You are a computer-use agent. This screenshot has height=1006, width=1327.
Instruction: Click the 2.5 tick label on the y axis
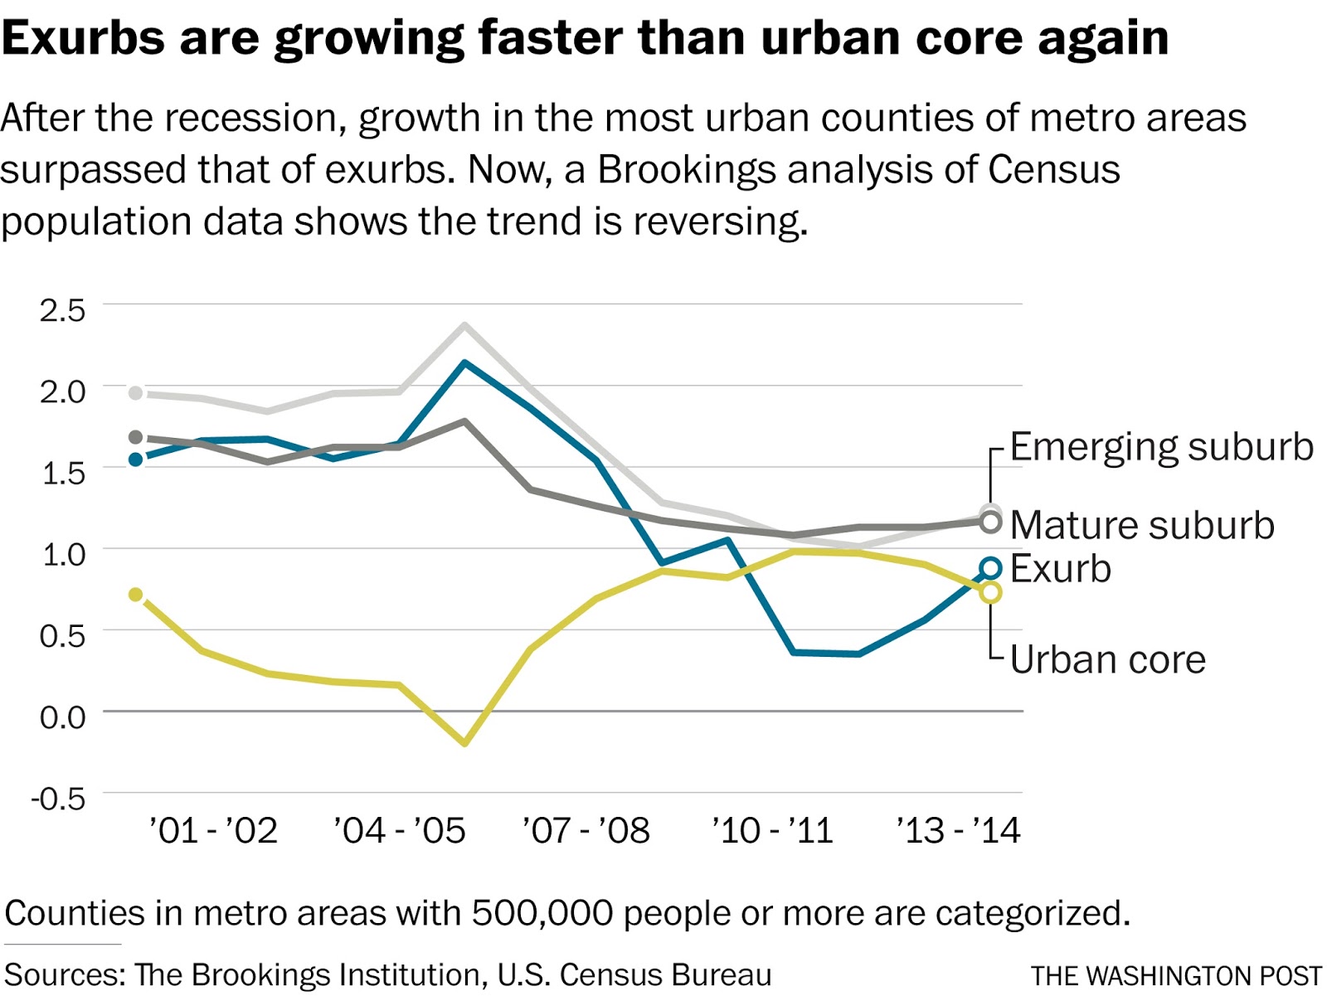pyautogui.click(x=62, y=311)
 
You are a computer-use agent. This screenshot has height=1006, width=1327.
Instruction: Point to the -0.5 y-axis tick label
pyautogui.click(x=58, y=799)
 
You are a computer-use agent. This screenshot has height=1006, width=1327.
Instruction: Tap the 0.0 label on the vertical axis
pyautogui.click(x=62, y=717)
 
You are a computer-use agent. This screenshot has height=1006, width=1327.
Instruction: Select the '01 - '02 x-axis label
pyautogui.click(x=213, y=830)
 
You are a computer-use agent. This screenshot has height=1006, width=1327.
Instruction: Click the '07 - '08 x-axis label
pyautogui.click(x=586, y=830)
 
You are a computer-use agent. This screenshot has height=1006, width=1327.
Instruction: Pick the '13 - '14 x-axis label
pyautogui.click(x=958, y=830)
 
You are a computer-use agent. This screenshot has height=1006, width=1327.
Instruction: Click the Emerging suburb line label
pyautogui.click(x=1161, y=447)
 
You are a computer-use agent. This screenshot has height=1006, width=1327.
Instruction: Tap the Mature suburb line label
pyautogui.click(x=1142, y=525)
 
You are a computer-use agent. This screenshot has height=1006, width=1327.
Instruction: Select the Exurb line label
pyautogui.click(x=1060, y=569)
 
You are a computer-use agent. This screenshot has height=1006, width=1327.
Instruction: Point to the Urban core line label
pyautogui.click(x=1107, y=660)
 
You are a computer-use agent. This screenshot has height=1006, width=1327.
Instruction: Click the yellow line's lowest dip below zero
pyautogui.click(x=464, y=742)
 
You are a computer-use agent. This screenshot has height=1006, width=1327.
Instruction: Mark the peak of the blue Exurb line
pyautogui.click(x=464, y=362)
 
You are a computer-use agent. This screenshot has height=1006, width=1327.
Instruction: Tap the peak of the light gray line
pyautogui.click(x=464, y=325)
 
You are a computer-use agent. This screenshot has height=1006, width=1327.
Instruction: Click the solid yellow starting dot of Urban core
pyautogui.click(x=136, y=595)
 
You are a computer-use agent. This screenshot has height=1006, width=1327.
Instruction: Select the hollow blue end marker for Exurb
pyautogui.click(x=990, y=568)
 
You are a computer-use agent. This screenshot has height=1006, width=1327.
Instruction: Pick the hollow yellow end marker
pyautogui.click(x=990, y=592)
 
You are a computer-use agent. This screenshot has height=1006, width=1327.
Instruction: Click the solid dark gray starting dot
pyautogui.click(x=136, y=437)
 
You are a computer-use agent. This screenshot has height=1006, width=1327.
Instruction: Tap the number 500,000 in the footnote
pyautogui.click(x=542, y=913)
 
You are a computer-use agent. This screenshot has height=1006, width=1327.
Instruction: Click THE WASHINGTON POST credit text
pyautogui.click(x=1176, y=976)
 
